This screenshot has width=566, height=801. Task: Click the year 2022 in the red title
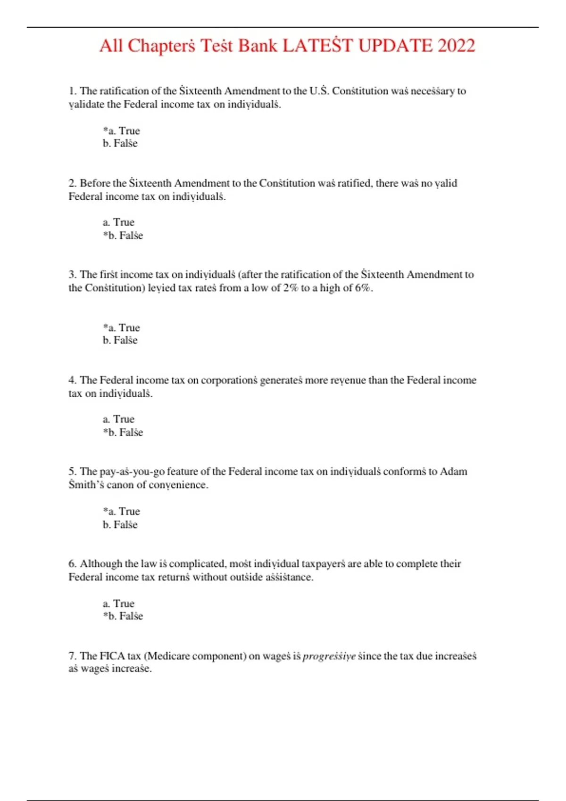(x=456, y=46)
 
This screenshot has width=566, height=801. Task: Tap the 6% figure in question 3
(x=363, y=288)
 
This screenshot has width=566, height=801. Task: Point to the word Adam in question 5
(x=453, y=471)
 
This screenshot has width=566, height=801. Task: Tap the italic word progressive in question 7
(x=329, y=656)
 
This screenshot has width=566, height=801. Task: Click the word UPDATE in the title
(x=395, y=46)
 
